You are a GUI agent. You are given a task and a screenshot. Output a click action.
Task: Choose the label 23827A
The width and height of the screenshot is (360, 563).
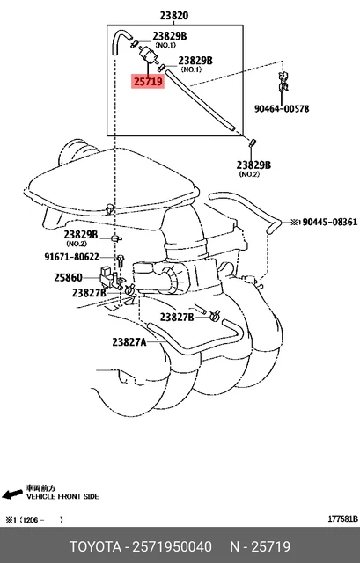129,343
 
